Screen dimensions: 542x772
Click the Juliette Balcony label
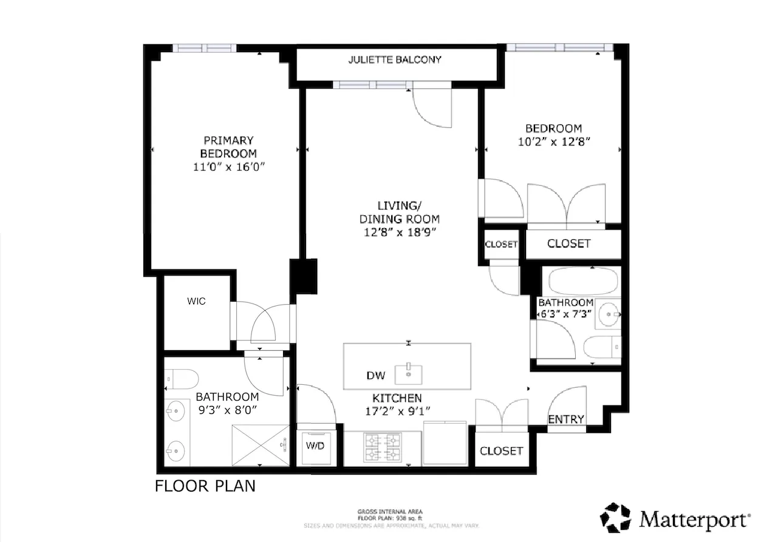[395, 59]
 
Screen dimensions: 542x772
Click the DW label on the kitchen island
[375, 376]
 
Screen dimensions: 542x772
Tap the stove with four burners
[383, 447]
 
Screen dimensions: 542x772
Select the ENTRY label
[565, 419]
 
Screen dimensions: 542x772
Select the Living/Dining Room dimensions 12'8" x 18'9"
[398, 232]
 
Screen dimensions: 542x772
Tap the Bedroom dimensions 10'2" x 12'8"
[553, 141]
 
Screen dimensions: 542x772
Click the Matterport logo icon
[616, 518]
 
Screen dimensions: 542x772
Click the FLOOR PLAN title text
[205, 486]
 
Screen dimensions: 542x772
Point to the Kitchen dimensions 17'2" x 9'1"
[397, 412]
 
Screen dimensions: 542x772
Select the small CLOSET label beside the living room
[501, 245]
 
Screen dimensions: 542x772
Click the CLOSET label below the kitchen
[501, 451]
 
